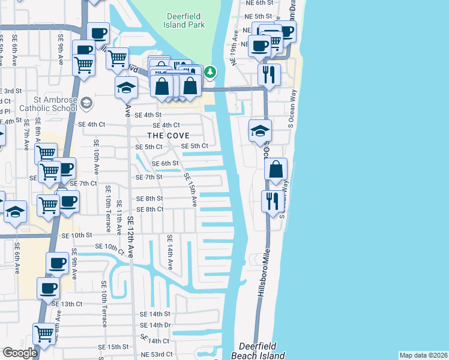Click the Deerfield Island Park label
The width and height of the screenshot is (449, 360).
click(x=184, y=20)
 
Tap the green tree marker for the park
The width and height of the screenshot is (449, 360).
click(x=210, y=73)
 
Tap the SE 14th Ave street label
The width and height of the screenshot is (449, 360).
click(x=170, y=251)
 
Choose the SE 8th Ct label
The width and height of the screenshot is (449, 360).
click(x=150, y=209)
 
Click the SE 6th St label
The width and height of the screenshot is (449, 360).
click(x=165, y=163)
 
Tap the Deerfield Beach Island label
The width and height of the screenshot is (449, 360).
click(x=262, y=351)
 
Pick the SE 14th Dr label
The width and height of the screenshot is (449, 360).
click(x=155, y=325)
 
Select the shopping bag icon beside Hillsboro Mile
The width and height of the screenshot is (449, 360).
click(x=276, y=170)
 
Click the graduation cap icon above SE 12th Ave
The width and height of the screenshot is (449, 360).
click(x=126, y=88)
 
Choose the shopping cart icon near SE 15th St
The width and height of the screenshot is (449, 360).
click(x=44, y=334)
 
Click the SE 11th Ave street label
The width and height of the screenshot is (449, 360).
click(x=118, y=217)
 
